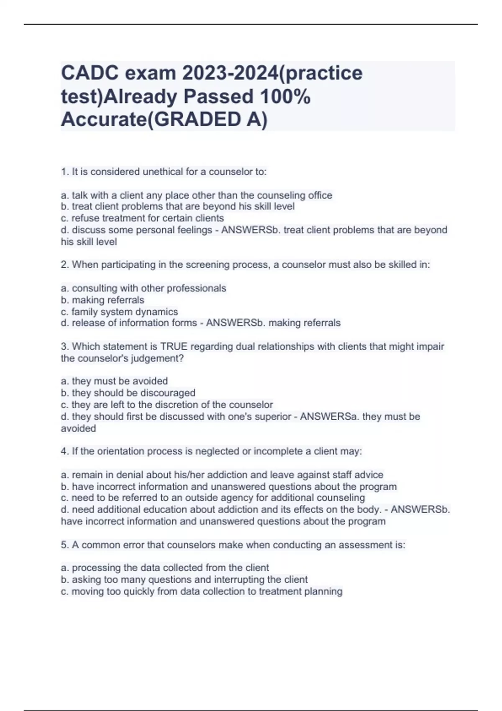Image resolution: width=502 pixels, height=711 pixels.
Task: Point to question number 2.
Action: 64,265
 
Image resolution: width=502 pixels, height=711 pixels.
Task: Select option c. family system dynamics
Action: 119,312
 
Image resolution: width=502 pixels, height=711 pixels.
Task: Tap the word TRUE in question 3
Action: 174,346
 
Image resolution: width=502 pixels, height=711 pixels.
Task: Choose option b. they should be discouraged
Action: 128,393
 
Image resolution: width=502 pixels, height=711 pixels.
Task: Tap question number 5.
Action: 64,545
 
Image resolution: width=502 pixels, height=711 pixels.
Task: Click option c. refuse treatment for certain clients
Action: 142,218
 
